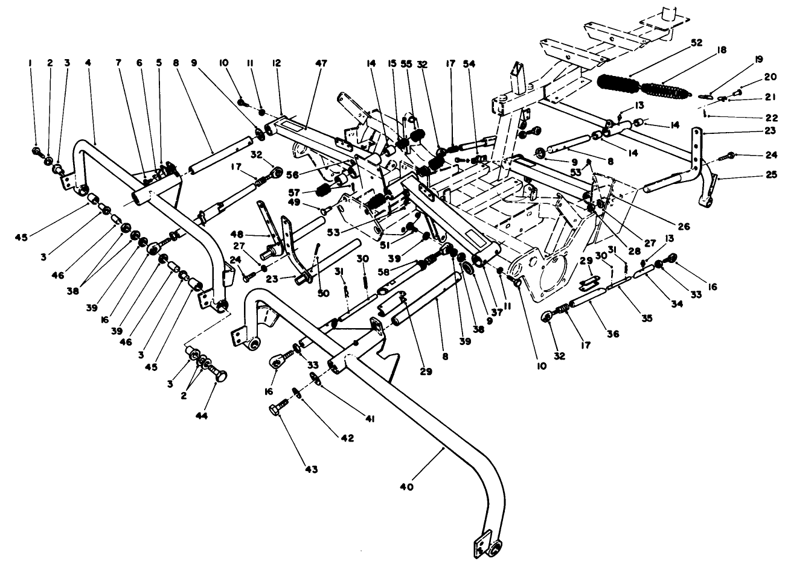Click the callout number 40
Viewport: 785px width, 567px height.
[x=406, y=487]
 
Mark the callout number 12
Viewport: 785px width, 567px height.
[x=277, y=63]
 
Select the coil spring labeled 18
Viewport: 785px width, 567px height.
[x=664, y=90]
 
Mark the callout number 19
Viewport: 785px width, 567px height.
[x=758, y=59]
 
